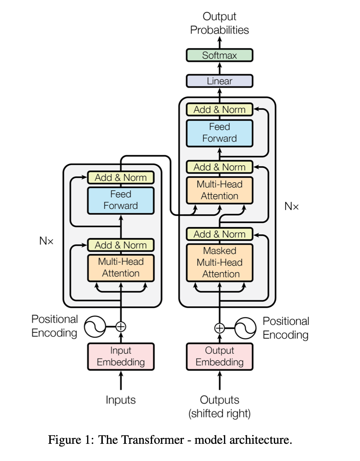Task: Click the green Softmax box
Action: click(x=219, y=55)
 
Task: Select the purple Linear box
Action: click(x=219, y=81)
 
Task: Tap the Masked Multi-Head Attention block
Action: click(x=219, y=263)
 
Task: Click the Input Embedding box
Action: click(x=121, y=356)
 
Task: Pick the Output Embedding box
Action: click(x=219, y=356)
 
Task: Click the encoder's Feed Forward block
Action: click(x=121, y=200)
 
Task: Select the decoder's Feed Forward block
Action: click(x=219, y=133)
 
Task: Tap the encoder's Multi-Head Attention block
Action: click(x=121, y=268)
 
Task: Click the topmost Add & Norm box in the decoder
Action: click(x=219, y=109)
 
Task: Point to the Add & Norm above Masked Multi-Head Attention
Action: click(x=219, y=234)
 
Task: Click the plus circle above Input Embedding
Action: click(x=121, y=326)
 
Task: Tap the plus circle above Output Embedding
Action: click(x=219, y=328)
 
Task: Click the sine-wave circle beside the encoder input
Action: click(x=95, y=327)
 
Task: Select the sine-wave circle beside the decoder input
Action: click(x=245, y=328)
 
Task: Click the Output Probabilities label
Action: click(x=219, y=23)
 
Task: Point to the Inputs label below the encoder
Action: click(x=121, y=400)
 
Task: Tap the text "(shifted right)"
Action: click(x=219, y=414)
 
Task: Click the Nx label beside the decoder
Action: click(x=292, y=206)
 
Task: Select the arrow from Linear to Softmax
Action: click(x=220, y=68)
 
